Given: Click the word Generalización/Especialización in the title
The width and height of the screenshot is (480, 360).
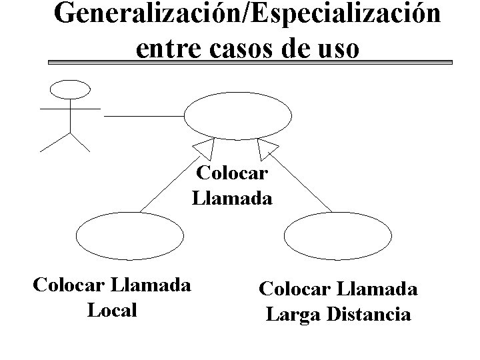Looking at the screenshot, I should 247,15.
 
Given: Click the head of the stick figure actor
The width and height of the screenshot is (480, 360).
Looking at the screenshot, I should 71,89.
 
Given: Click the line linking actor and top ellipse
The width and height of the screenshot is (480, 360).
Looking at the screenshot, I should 143,115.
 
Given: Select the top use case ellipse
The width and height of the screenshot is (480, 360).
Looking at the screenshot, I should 237,116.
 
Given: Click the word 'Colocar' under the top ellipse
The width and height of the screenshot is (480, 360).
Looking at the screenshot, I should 232,174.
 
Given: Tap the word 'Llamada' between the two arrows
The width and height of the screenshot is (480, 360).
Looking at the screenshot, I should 232,198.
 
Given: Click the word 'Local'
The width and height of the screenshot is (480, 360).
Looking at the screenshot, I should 111,310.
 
